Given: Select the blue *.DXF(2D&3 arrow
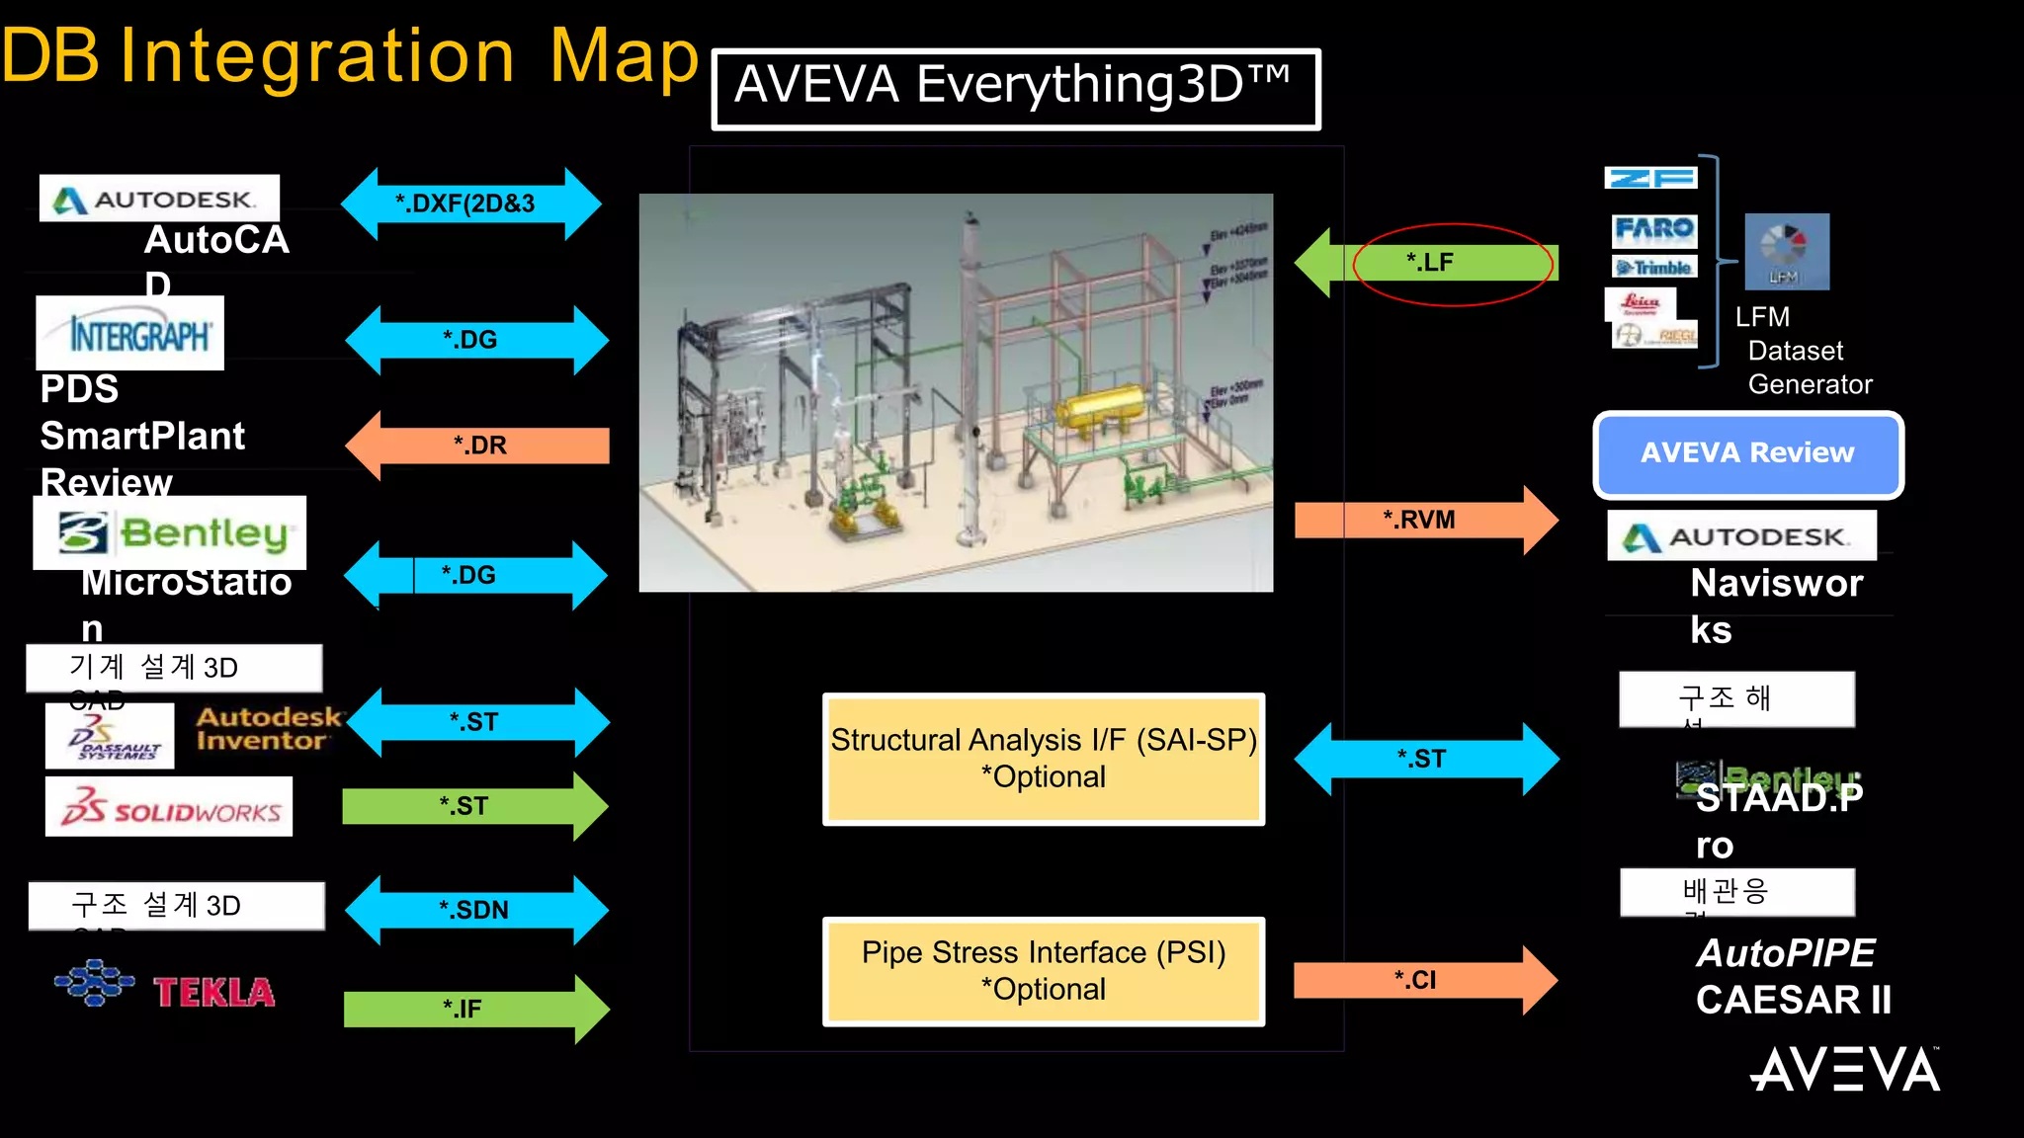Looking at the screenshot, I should (470, 203).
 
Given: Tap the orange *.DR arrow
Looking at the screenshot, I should (478, 446).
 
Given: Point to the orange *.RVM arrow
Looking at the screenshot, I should (1424, 520).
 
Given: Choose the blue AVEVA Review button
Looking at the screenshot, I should (1747, 453).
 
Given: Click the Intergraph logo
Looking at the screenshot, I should (131, 334).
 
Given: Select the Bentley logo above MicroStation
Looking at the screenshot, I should (170, 533).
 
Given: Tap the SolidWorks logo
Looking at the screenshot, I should (169, 807).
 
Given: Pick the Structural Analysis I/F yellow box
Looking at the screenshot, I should (1044, 759).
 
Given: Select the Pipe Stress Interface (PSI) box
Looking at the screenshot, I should (1044, 971).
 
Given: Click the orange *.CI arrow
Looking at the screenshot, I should (1424, 980).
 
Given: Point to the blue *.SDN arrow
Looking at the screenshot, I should (475, 910).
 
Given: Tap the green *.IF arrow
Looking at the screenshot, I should (474, 1009).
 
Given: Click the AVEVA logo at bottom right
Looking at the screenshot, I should (1844, 1070).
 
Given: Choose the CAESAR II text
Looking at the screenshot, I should (1793, 1000).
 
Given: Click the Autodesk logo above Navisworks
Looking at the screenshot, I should (1741, 536).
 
